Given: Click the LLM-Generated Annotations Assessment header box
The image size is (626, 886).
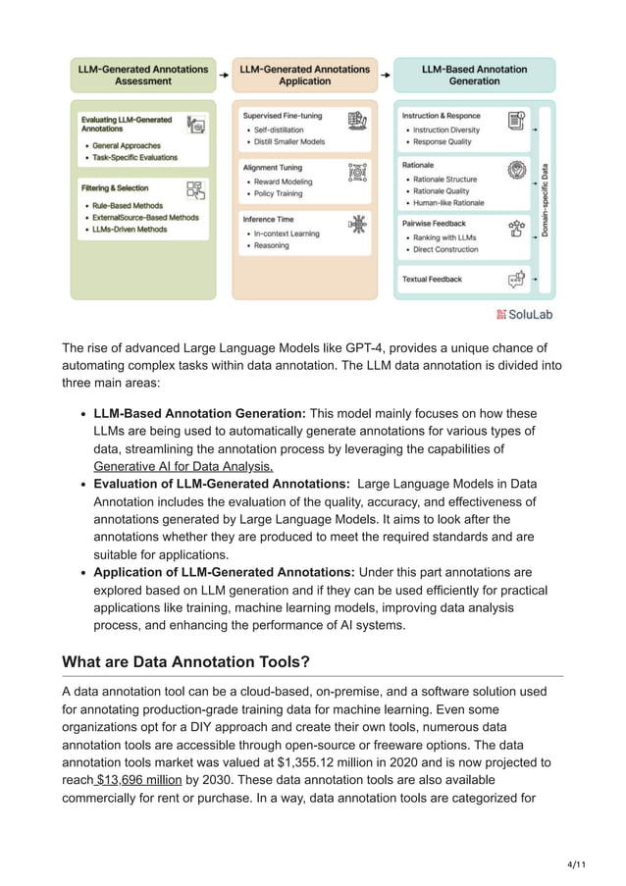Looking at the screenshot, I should [x=143, y=76].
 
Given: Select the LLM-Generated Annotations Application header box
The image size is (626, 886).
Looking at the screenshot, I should [x=305, y=76].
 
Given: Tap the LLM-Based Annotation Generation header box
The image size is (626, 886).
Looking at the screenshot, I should [x=474, y=76].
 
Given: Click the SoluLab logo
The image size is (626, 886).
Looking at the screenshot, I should [x=526, y=314].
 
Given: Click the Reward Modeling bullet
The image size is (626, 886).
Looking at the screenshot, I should [x=284, y=182].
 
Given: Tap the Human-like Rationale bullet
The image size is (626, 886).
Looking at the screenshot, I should [x=448, y=203].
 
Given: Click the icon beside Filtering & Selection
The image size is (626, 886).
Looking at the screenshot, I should [x=196, y=189].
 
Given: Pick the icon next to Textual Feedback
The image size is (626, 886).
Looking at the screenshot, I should [x=516, y=280].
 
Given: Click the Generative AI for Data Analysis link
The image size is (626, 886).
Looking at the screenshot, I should [x=183, y=466].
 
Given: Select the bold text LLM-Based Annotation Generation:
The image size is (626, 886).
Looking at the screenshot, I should [x=199, y=413].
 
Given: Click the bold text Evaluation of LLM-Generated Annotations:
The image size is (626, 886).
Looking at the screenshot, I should [x=222, y=484].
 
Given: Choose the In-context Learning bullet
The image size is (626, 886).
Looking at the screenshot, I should [x=287, y=234].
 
